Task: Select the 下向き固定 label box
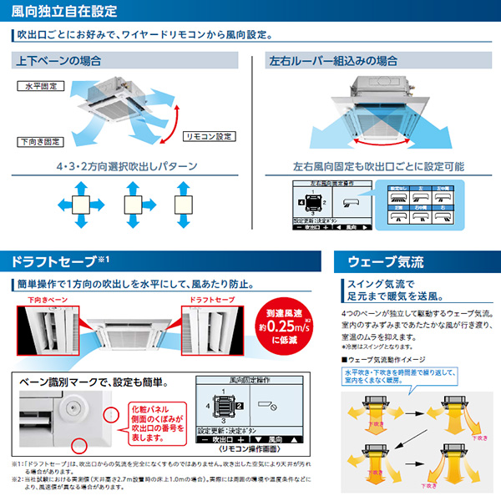(x=40, y=141)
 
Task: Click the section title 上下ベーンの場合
(x=59, y=62)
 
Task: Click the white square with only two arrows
(x=184, y=204)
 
